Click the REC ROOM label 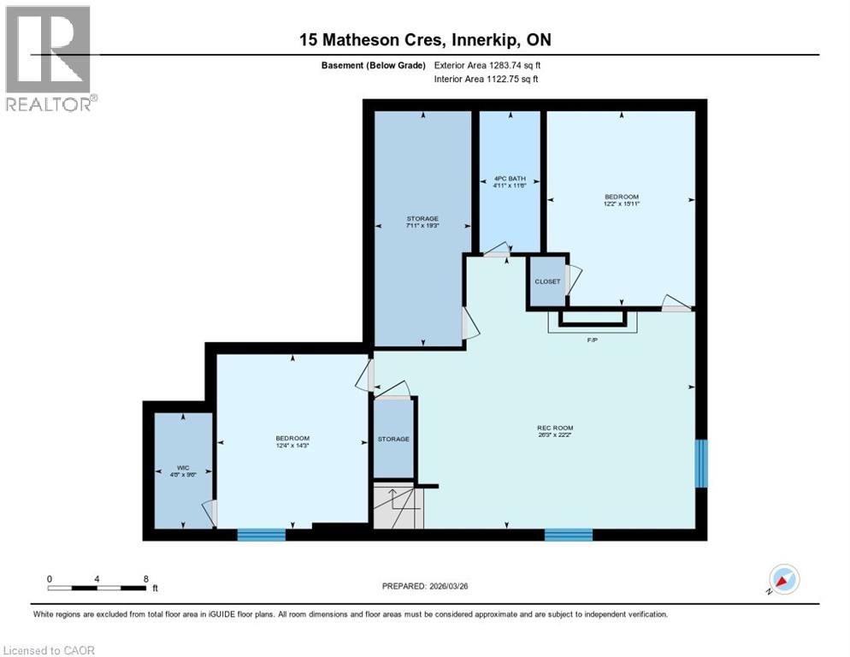pyautogui.click(x=555, y=428)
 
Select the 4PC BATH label pyautogui.click(x=509, y=180)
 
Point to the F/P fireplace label pyautogui.click(x=592, y=340)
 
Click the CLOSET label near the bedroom pyautogui.click(x=547, y=281)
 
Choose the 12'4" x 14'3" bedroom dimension pyautogui.click(x=292, y=446)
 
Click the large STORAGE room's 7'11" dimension pyautogui.click(x=423, y=226)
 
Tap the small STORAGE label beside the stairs pyautogui.click(x=393, y=439)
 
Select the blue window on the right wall pyautogui.click(x=701, y=463)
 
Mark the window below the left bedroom pyautogui.click(x=261, y=535)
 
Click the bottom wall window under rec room pyautogui.click(x=568, y=535)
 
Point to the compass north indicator pyautogui.click(x=782, y=578)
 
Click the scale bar pyautogui.click(x=96, y=588)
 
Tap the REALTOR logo pyautogui.click(x=50, y=59)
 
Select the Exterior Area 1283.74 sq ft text pyautogui.click(x=487, y=65)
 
